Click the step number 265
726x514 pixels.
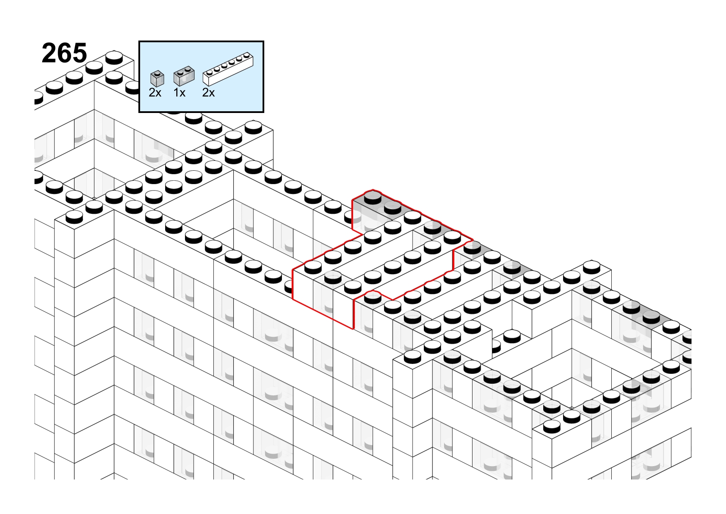click(x=64, y=53)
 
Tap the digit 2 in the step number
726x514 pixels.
click(x=49, y=53)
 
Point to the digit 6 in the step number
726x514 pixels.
click(x=64, y=53)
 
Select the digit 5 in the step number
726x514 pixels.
click(x=79, y=53)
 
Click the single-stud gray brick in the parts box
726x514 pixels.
click(x=157, y=78)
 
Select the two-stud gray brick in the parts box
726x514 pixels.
click(x=184, y=76)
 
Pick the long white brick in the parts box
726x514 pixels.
click(x=228, y=69)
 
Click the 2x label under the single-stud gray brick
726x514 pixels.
click(x=155, y=93)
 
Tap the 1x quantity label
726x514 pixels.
click(x=179, y=93)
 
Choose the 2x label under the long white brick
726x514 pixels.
click(x=208, y=93)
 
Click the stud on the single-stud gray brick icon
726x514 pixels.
click(x=158, y=73)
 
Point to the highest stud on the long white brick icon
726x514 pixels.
click(x=247, y=55)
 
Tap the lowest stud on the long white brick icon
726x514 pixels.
click(x=210, y=72)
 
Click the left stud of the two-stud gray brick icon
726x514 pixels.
click(x=181, y=72)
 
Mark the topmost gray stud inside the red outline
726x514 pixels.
click(x=373, y=197)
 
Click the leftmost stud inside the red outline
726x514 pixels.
click(x=313, y=267)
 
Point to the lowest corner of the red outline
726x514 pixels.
click(x=353, y=329)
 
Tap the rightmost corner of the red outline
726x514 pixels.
click(x=473, y=241)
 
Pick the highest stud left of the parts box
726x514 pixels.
click(x=114, y=57)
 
